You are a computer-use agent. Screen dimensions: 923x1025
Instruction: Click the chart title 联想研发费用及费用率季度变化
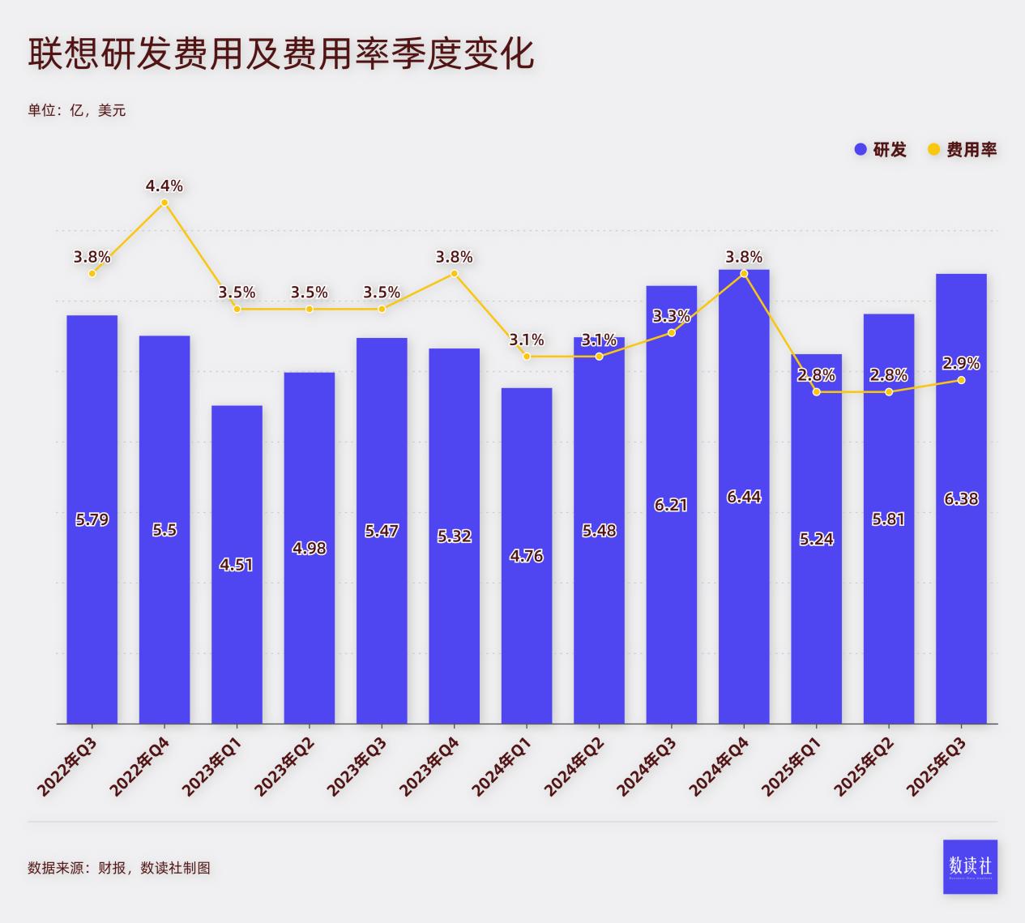point(281,53)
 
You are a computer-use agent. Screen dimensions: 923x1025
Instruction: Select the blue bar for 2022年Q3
point(92,567)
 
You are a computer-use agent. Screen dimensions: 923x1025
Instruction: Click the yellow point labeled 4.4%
point(164,203)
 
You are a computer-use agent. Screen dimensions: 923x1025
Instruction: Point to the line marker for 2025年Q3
point(961,380)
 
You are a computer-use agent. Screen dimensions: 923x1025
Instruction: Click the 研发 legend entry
point(881,150)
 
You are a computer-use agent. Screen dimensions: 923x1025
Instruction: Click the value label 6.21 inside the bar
point(671,505)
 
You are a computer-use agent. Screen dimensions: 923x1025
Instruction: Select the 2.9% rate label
point(961,363)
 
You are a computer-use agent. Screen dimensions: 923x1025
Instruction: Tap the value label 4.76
point(527,556)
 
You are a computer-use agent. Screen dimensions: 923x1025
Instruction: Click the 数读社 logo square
point(970,866)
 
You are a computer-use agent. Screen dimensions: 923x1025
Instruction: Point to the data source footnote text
point(119,868)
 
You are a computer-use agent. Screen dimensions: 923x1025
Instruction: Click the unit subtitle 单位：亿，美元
point(77,110)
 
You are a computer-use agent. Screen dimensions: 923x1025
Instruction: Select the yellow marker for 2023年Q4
point(455,274)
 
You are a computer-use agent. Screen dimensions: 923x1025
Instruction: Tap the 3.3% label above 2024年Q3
point(671,316)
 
